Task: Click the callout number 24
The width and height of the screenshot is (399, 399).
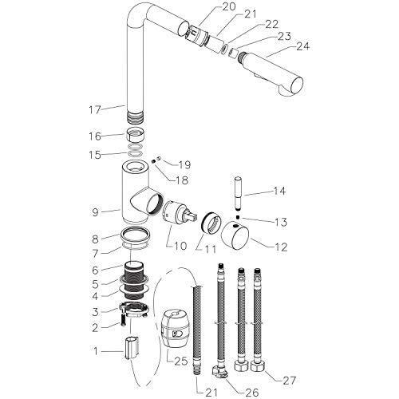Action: click(x=302, y=46)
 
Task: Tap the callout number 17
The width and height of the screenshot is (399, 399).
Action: click(x=95, y=110)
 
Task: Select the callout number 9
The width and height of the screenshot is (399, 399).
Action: click(x=96, y=212)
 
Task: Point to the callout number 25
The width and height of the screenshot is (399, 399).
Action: click(x=181, y=361)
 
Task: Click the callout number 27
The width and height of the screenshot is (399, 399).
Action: click(x=289, y=381)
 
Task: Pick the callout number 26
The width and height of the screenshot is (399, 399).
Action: click(x=251, y=392)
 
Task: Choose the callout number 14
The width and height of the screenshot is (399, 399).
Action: click(x=279, y=191)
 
